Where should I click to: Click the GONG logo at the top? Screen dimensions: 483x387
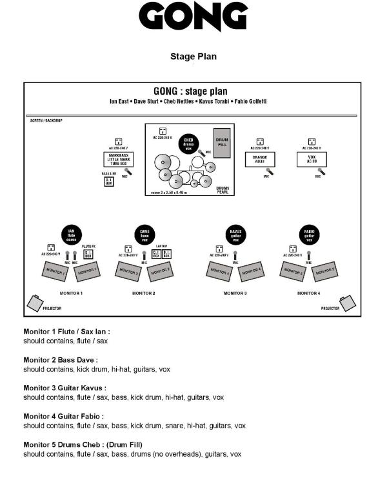point(193,17)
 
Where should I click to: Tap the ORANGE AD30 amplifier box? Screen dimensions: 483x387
point(260,158)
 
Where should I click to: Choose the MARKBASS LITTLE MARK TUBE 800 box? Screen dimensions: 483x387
point(118,160)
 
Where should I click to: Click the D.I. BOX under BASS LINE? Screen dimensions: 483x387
point(109,182)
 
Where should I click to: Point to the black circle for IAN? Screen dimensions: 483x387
point(72,234)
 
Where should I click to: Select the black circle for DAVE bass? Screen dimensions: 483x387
point(144,234)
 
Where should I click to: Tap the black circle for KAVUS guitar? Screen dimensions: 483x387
point(235,234)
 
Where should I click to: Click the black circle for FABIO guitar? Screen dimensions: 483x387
point(308,234)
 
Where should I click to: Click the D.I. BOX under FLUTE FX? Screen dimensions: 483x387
point(88,254)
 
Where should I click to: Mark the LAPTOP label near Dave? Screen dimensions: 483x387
point(162,245)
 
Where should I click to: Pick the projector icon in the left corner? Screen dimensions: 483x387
point(35,301)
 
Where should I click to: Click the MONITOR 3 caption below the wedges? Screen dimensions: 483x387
point(235,293)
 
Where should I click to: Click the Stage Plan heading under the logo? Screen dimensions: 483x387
point(193,57)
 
